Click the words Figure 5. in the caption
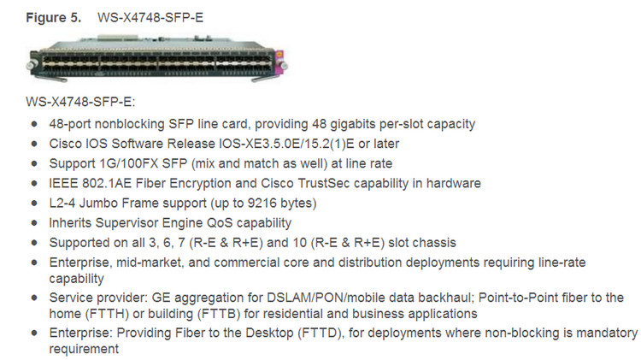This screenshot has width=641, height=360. tap(54, 18)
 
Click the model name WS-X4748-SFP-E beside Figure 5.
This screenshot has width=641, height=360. tap(150, 18)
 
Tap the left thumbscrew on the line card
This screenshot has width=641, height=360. tap(30, 66)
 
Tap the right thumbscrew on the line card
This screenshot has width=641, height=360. tap(284, 66)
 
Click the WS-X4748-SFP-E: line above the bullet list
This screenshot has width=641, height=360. tap(80, 102)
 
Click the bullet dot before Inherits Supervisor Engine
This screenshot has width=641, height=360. tap(34, 223)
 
